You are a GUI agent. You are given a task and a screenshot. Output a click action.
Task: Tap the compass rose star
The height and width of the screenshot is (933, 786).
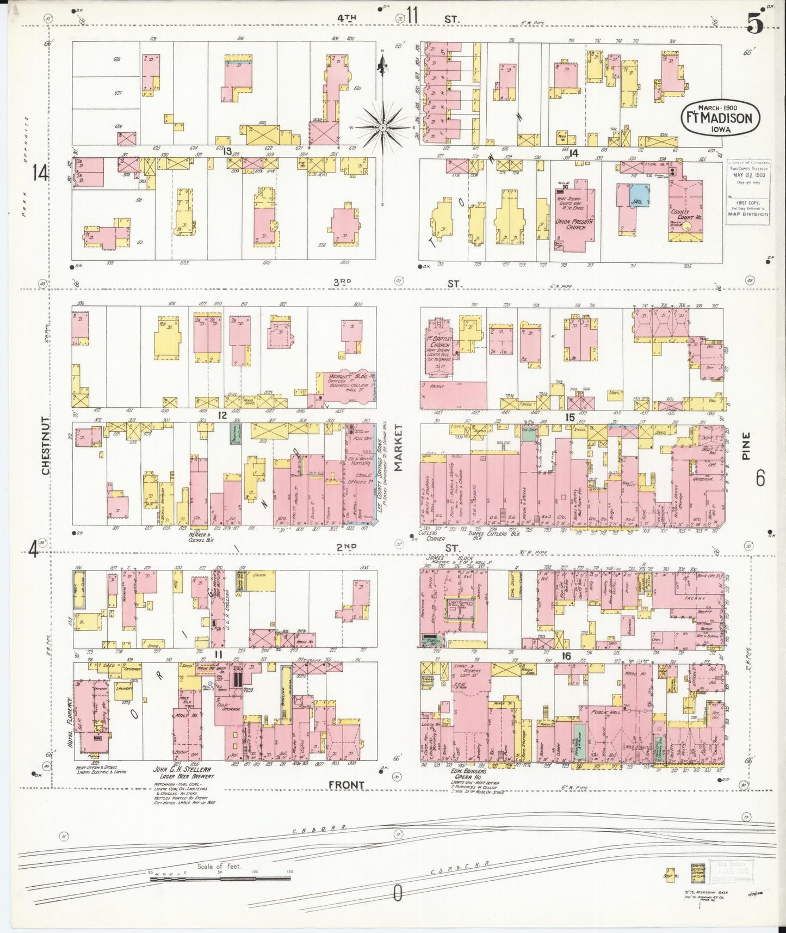click(383, 127)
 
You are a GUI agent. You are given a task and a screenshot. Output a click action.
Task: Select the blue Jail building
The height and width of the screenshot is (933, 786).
click(639, 194)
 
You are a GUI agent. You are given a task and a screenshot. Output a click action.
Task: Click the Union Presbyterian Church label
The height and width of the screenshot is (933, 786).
click(574, 224)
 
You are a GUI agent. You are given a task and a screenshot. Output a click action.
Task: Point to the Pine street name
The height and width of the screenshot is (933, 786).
click(745, 446)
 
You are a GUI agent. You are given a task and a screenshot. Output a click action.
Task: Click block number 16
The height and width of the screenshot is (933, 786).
click(566, 656)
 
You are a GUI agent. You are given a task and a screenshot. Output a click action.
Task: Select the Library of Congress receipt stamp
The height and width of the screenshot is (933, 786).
click(748, 188)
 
